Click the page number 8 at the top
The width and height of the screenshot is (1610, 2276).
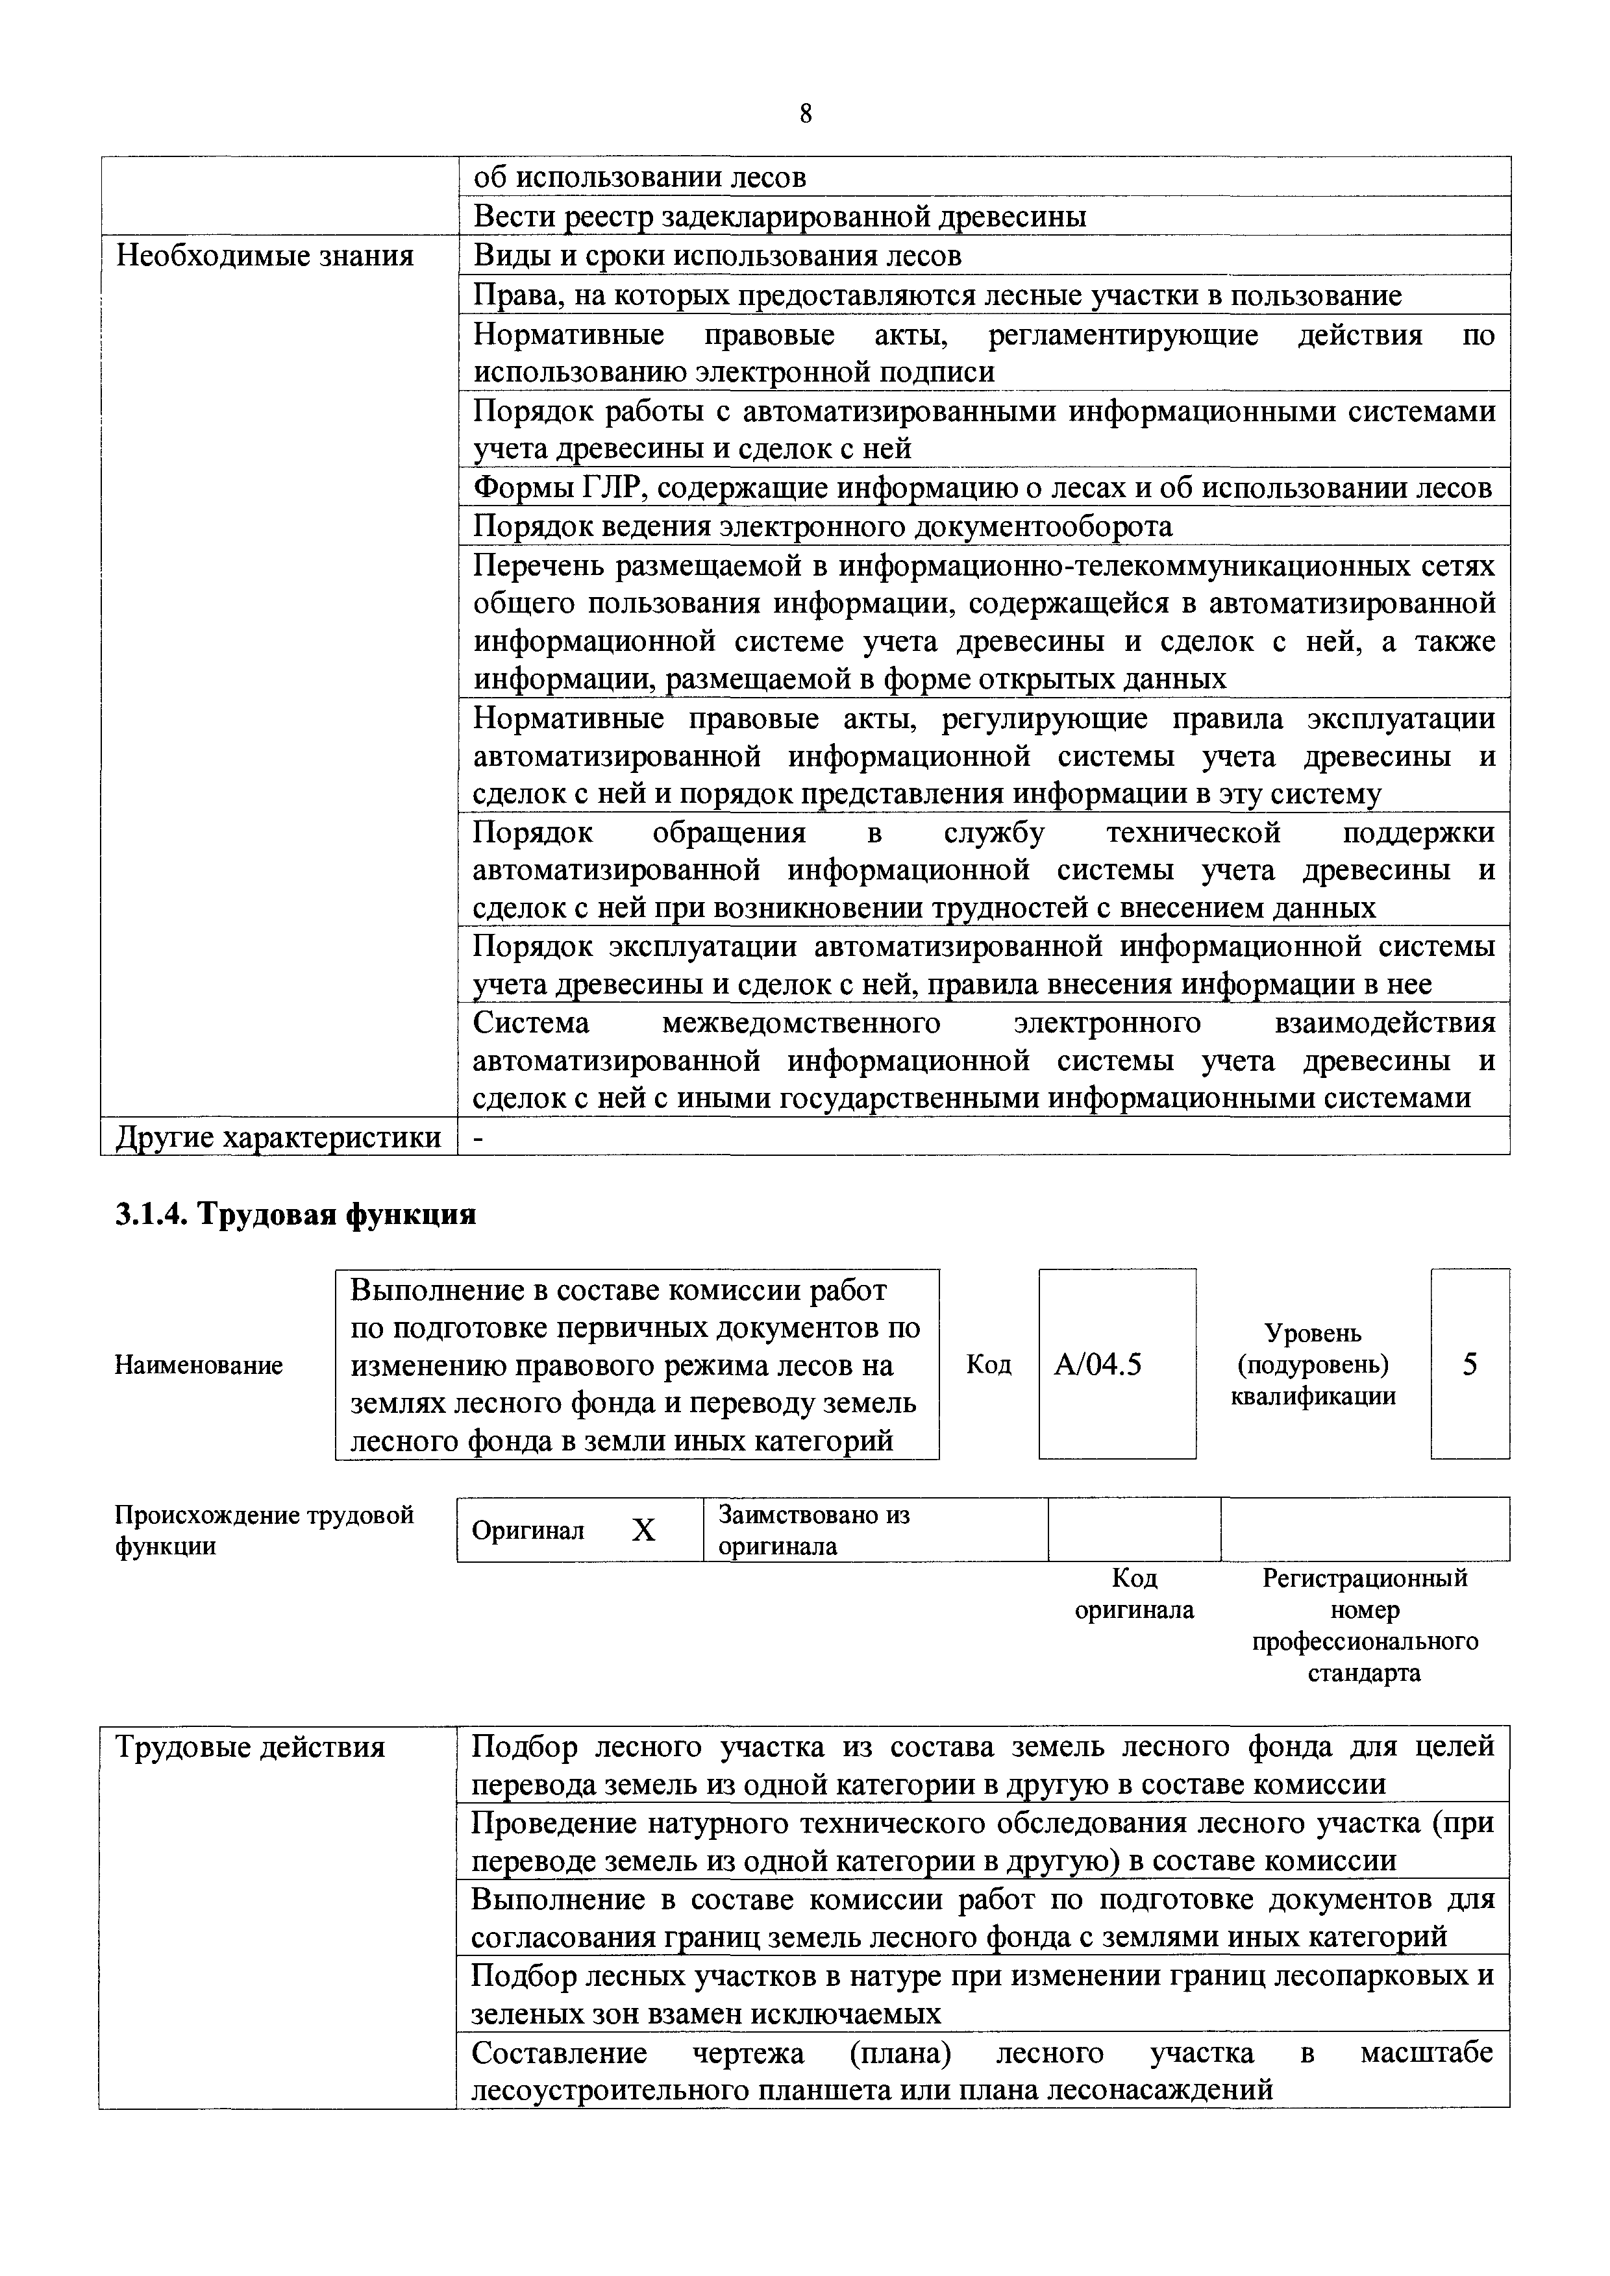(805, 115)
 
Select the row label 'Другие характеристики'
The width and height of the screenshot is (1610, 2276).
(279, 1137)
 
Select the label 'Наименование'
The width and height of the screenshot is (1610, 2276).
(198, 1365)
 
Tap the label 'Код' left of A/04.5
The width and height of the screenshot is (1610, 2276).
(989, 1365)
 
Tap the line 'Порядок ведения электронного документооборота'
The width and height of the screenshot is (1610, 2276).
(822, 526)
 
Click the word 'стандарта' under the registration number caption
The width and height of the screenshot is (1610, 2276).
(1364, 1673)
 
